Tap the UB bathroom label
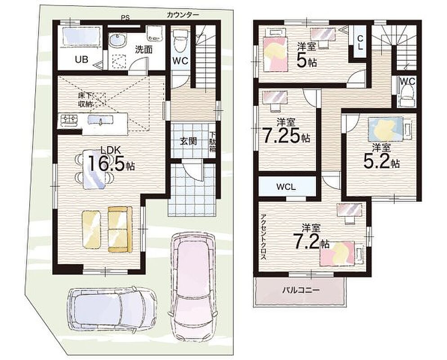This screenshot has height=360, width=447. tap(81, 59)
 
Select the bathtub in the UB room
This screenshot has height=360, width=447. tap(80, 36)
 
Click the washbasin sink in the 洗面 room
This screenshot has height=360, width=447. tap(117, 40)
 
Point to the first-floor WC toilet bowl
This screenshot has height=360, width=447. tap(179, 41)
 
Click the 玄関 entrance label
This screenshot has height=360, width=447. tap(188, 141)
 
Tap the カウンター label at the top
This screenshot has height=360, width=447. tap(183, 15)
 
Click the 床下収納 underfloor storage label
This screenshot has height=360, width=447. tap(85, 100)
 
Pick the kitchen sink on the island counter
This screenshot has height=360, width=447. tap(101, 120)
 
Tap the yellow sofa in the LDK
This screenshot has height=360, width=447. tap(120, 229)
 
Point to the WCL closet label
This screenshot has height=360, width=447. tap(286, 187)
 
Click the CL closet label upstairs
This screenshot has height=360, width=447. tap(360, 42)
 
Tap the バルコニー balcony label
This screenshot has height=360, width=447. tap(301, 291)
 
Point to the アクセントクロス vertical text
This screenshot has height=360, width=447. tap(263, 237)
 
